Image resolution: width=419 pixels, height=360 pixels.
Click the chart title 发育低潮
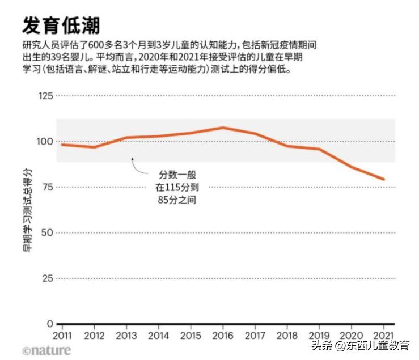point(62,25)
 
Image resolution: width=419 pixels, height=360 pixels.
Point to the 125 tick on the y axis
point(45,96)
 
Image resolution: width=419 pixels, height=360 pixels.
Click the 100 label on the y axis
point(45,141)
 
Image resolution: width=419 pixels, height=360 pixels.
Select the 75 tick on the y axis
point(47,187)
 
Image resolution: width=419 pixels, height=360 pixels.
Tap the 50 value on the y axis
point(47,232)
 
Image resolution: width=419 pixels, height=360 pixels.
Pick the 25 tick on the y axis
point(47,278)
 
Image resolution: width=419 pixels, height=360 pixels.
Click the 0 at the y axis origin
point(50,324)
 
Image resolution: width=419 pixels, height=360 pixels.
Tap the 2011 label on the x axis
point(62,335)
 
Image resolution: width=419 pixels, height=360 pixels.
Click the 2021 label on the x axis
point(383,335)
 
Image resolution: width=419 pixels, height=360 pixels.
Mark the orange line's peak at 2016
point(223,128)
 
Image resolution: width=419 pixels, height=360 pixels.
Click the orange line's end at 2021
point(384,179)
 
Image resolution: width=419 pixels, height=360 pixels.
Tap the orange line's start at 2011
point(62,145)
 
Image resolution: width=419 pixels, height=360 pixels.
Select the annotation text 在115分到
point(177,187)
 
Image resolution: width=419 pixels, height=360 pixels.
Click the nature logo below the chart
point(46,350)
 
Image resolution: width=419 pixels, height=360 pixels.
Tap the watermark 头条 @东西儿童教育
point(360,345)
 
